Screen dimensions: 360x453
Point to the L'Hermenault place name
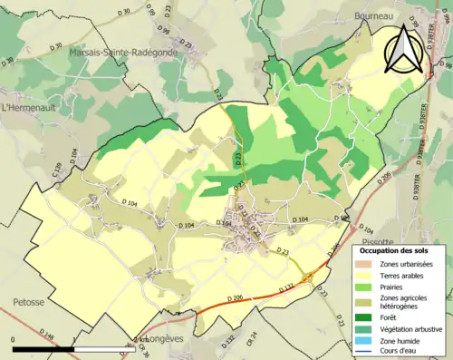pos(30,107)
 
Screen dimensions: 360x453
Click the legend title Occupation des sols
pos(393,250)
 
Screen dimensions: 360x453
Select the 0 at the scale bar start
pos(14,341)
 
